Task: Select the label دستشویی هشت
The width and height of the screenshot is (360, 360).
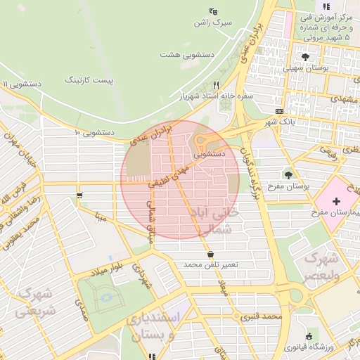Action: point(186,54)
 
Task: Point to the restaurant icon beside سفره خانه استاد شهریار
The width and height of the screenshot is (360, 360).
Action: point(216,84)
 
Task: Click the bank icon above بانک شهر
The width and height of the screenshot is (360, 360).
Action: point(280,111)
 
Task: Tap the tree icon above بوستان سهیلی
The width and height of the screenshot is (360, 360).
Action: point(304,58)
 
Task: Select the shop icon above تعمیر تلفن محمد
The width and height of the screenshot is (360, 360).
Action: point(210,253)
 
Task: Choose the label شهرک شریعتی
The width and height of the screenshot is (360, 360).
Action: point(32,301)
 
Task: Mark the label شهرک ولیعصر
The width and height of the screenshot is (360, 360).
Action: point(320,267)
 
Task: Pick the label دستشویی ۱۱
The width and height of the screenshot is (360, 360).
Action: point(21,84)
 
